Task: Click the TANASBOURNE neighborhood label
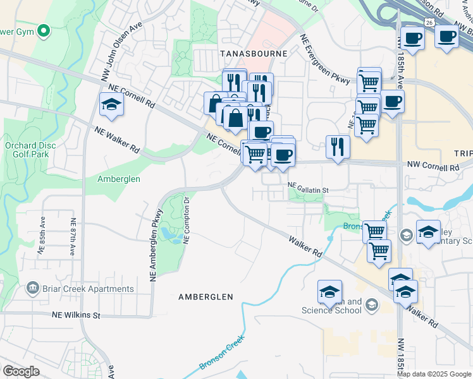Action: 254,54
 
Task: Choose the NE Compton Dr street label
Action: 187,220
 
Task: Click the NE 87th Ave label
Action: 73,237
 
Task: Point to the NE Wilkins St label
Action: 76,315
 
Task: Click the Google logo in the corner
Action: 21,371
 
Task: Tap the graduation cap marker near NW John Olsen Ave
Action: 111,104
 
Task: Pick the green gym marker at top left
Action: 43,30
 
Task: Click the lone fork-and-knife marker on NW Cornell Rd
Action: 338,147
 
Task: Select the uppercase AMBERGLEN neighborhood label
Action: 206,296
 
